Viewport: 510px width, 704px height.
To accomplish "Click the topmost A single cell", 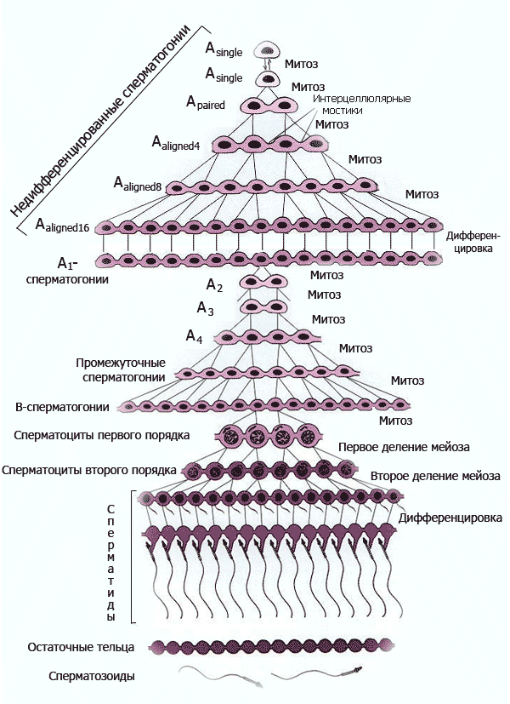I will [x=269, y=50].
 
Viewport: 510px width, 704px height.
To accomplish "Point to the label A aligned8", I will [x=139, y=183].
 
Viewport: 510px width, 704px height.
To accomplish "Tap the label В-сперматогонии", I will [x=62, y=407].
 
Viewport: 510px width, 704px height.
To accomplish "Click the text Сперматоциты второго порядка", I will [x=89, y=470].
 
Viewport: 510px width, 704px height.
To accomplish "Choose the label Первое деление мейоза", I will [x=404, y=447].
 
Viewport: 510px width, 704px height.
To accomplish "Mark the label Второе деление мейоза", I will [x=434, y=475].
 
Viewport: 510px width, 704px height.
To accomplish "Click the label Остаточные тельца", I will [x=80, y=647].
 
